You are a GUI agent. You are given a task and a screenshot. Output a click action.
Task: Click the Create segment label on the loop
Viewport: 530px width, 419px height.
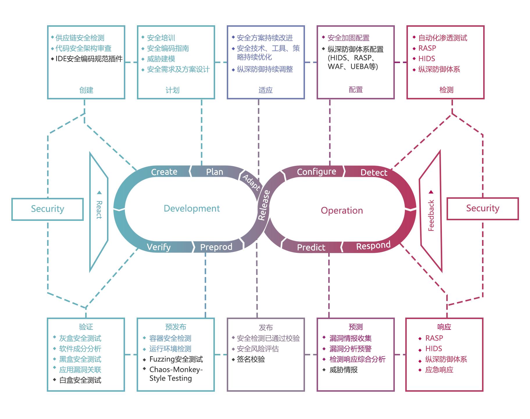click(x=164, y=172)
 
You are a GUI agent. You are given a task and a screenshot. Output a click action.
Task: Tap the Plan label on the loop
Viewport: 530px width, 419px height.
click(x=215, y=172)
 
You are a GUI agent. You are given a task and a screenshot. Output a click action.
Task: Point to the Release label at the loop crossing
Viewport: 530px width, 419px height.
click(x=264, y=205)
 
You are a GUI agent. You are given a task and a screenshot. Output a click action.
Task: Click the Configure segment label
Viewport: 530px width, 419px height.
click(x=316, y=172)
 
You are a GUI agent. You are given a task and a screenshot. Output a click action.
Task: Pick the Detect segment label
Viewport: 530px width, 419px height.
click(x=374, y=173)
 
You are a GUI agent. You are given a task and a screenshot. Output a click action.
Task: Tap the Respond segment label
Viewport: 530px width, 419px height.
click(x=373, y=246)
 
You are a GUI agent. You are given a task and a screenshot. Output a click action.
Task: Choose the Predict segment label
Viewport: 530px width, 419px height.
click(x=311, y=247)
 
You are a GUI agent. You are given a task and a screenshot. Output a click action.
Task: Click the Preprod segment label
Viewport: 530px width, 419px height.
click(x=216, y=247)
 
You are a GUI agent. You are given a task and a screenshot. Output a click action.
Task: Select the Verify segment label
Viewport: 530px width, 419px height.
click(x=159, y=247)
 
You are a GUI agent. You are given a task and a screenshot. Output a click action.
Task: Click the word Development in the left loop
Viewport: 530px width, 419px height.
click(x=192, y=208)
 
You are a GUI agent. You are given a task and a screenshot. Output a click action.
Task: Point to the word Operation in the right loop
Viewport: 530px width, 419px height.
click(x=342, y=210)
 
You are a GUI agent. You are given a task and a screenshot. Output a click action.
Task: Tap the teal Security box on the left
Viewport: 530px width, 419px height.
click(x=48, y=209)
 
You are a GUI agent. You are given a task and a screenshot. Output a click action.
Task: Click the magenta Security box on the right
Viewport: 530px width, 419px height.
click(x=483, y=208)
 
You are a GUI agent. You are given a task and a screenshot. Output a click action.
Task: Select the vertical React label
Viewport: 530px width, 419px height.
click(x=99, y=209)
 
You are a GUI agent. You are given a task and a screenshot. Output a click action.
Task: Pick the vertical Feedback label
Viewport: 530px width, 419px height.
click(x=431, y=215)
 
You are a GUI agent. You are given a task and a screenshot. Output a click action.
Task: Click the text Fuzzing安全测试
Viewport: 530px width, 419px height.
click(x=176, y=359)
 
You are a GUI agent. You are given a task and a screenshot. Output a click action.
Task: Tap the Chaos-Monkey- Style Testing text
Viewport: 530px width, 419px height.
click(x=176, y=374)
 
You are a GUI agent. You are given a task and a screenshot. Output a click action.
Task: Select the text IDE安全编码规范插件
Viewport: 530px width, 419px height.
click(x=89, y=59)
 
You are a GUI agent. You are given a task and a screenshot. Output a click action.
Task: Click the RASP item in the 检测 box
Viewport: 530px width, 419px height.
click(x=427, y=48)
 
